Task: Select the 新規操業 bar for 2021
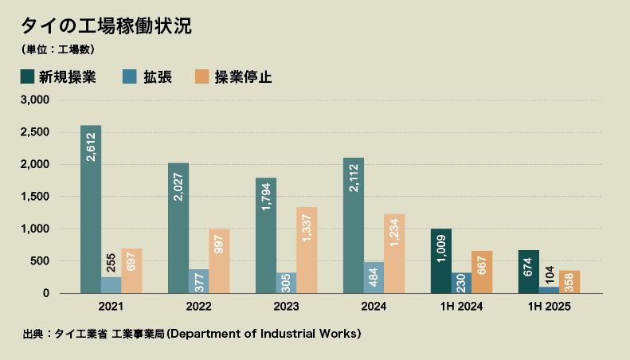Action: (x=91, y=209)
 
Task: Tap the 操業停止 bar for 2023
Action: (x=307, y=250)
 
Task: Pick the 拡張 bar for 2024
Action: (x=374, y=277)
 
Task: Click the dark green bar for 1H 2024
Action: (x=441, y=261)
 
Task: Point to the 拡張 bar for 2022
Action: (x=198, y=281)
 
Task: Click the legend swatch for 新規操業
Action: (x=28, y=77)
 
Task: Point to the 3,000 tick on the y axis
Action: (x=35, y=100)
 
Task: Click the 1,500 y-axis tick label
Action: (x=35, y=197)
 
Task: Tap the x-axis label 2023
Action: (x=287, y=307)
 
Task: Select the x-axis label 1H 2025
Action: (x=550, y=307)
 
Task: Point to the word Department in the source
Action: (x=209, y=333)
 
